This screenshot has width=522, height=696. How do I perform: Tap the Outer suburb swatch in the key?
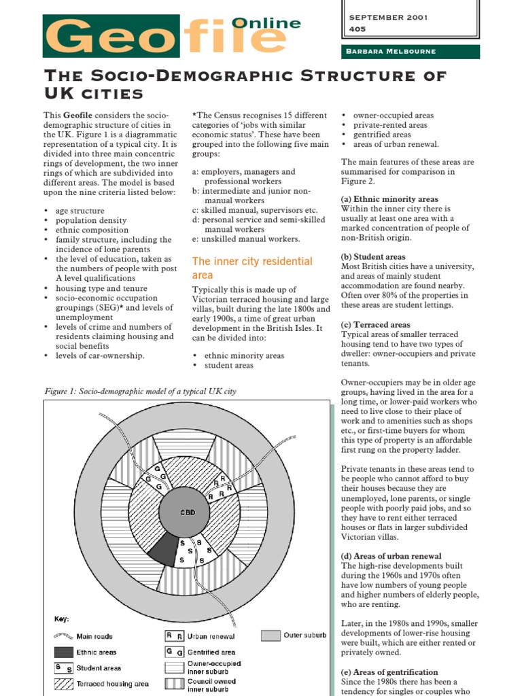(271, 636)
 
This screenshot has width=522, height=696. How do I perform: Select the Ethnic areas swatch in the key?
(63, 652)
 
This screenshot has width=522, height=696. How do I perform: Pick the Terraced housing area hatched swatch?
(63, 683)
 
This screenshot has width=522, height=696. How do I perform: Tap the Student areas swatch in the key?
(63, 667)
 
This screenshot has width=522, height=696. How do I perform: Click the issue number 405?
(357, 29)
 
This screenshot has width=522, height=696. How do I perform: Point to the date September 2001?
(387, 18)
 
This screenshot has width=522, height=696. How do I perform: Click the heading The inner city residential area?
(252, 268)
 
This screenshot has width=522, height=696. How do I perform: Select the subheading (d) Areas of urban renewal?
(391, 556)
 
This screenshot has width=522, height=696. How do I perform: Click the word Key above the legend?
(62, 619)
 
